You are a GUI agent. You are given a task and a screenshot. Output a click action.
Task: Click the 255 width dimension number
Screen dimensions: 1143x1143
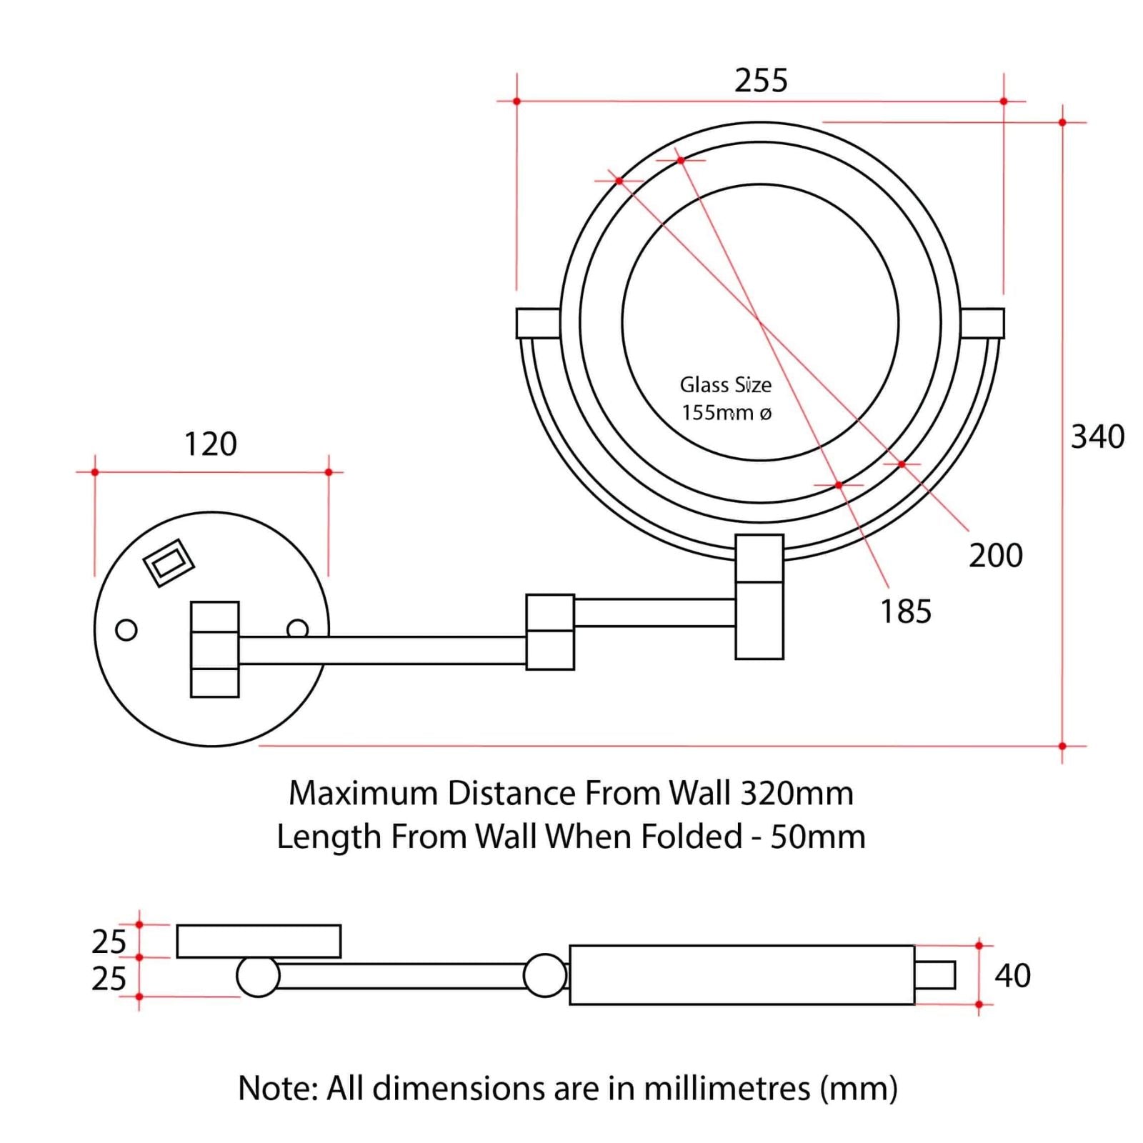(x=761, y=80)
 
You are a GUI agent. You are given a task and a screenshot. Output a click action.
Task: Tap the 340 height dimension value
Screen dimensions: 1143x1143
(x=1097, y=436)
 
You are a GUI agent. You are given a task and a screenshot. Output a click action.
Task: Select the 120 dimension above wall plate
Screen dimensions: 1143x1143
(x=211, y=444)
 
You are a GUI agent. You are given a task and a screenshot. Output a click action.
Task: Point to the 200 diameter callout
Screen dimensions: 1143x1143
(x=995, y=555)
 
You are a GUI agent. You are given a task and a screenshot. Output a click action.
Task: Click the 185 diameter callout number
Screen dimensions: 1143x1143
(x=905, y=612)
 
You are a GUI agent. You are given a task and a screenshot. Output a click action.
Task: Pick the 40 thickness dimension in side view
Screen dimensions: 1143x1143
(x=1012, y=975)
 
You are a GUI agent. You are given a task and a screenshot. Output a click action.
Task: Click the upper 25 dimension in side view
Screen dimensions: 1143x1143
(x=109, y=942)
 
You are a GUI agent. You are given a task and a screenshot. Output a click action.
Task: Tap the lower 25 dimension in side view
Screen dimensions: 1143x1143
(x=109, y=978)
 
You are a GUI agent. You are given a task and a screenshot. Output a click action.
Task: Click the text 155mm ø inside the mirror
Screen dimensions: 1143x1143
(x=727, y=413)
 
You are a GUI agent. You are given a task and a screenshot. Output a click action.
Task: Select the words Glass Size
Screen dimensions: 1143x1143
(x=725, y=385)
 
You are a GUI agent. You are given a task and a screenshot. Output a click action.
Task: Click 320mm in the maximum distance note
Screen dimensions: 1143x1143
(x=797, y=793)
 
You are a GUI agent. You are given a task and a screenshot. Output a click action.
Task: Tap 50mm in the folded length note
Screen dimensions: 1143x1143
(x=817, y=837)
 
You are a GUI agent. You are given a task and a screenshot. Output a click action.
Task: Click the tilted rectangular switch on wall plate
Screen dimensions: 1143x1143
(x=169, y=563)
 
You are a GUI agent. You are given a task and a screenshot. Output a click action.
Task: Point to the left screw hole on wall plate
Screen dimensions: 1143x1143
(x=126, y=630)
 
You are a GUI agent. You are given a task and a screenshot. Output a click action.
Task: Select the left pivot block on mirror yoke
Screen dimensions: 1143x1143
(x=537, y=323)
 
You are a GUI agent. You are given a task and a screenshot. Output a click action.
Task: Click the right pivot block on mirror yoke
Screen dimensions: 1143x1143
(x=982, y=323)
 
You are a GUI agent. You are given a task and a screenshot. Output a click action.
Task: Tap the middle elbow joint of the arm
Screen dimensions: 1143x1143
(x=550, y=632)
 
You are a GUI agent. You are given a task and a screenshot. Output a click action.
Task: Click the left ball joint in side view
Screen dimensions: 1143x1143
(x=258, y=976)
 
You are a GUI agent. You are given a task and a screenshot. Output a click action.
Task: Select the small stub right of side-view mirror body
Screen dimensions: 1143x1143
(x=934, y=975)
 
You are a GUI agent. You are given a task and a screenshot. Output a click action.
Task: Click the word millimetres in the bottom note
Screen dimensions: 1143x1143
(x=727, y=1088)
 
